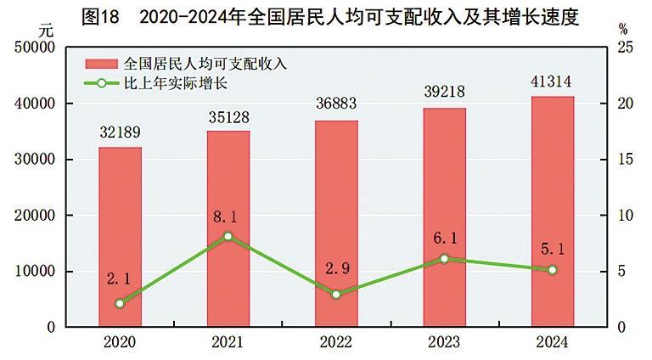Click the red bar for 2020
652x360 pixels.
coord(120,237)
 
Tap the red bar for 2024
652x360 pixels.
coord(553,211)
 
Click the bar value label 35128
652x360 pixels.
coord(228,116)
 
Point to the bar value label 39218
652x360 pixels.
coord(445,93)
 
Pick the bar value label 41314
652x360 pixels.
coord(553,82)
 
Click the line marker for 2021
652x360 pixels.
coord(228,236)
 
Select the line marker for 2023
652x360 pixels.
coord(445,258)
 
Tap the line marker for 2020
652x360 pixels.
coord(120,303)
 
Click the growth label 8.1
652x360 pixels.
coord(228,217)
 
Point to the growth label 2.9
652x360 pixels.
coord(336,273)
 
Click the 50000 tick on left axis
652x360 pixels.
coord(36,48)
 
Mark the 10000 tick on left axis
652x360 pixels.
coord(36,272)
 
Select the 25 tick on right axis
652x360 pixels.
coord(624,48)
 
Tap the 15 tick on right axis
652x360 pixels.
coord(624,160)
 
